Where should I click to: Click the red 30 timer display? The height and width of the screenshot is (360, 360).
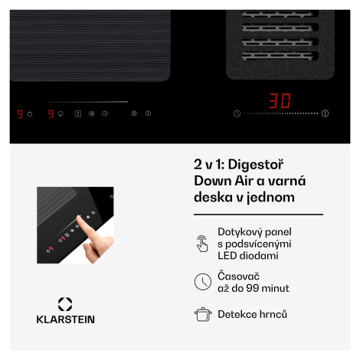pos(280,100)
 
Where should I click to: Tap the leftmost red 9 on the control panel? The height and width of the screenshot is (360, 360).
pos(20,114)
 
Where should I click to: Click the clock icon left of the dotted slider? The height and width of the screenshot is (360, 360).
pos(237,113)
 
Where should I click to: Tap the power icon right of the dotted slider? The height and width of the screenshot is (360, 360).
pos(325,113)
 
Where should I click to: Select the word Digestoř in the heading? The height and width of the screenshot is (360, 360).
pos(256,165)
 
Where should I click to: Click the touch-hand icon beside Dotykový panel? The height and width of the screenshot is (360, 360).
pos(202,244)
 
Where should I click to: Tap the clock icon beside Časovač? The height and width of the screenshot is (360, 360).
pos(203,282)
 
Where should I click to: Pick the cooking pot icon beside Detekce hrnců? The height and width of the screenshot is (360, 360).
pos(203,314)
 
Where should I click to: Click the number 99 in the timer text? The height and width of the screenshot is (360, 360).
pos(253,288)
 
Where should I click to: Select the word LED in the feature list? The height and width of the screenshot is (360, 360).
pos(227,256)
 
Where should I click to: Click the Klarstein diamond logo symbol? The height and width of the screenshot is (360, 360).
pos(65,304)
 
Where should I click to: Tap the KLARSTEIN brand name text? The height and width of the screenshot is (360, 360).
pos(66,319)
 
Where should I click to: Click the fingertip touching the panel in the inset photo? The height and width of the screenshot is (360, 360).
pos(79,219)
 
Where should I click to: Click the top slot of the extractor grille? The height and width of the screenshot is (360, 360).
pos(280,14)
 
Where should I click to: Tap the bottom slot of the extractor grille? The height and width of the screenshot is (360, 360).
pos(280,56)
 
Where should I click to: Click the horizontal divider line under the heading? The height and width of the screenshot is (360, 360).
pos(258,214)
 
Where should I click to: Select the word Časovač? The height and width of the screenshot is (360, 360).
pos(238,277)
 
